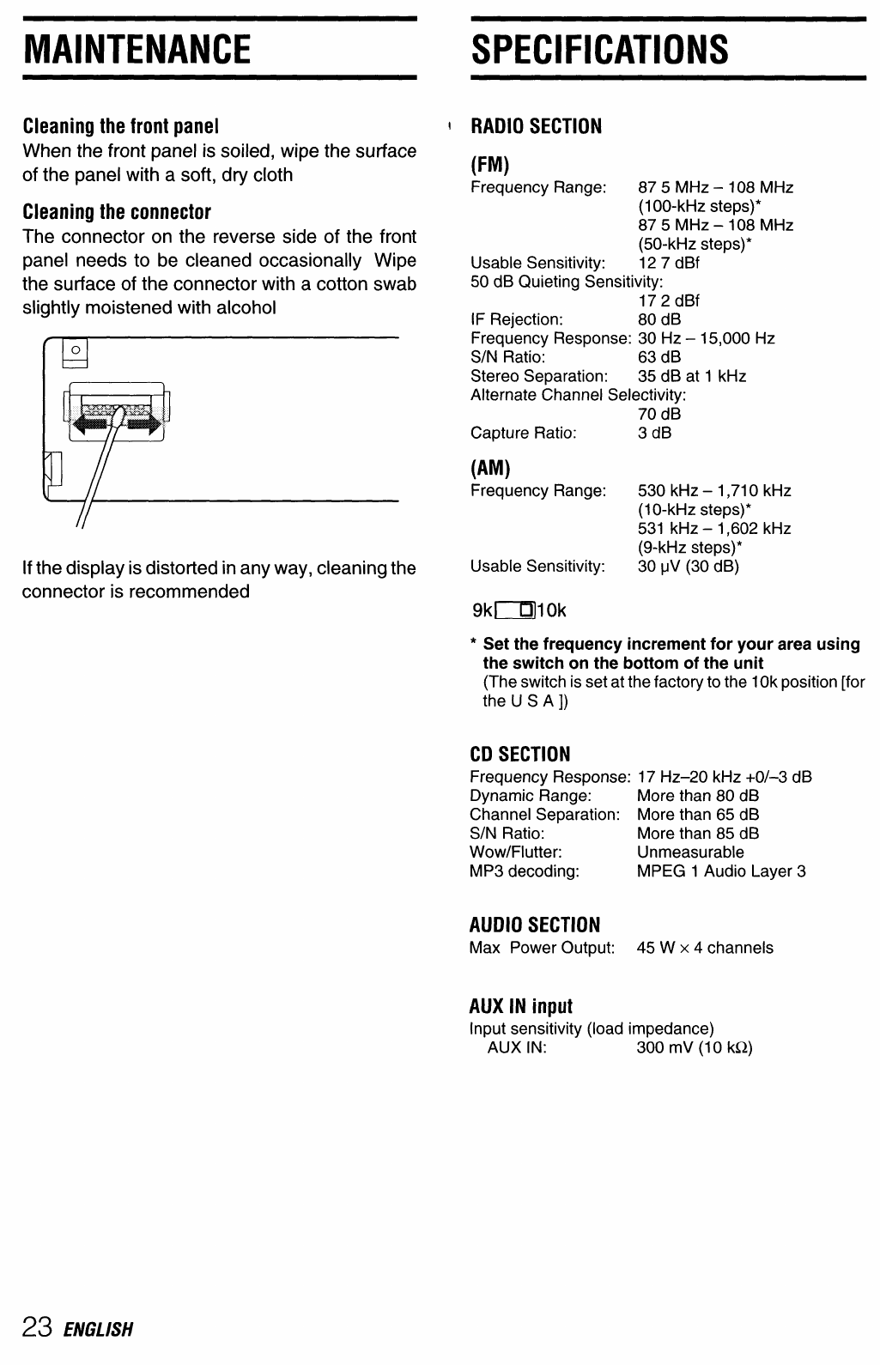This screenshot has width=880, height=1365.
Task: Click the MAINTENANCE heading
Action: click(x=137, y=49)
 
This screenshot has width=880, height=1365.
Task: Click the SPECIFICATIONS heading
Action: click(x=599, y=49)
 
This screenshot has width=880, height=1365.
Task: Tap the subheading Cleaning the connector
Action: click(x=117, y=212)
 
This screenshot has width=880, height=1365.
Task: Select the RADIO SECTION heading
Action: click(x=537, y=126)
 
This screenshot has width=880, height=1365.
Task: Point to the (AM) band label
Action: click(x=490, y=468)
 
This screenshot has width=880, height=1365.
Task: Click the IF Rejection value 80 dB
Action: click(x=659, y=319)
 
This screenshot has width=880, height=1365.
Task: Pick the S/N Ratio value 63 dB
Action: click(x=659, y=357)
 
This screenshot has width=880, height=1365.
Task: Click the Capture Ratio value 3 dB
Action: click(x=654, y=433)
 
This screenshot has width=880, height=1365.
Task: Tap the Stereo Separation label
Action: click(x=538, y=376)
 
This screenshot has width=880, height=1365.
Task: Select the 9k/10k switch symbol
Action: click(x=519, y=611)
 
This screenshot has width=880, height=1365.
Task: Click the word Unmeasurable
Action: click(x=690, y=852)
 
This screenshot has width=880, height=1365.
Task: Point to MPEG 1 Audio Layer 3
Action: click(x=721, y=871)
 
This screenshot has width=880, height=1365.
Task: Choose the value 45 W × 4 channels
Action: click(x=705, y=948)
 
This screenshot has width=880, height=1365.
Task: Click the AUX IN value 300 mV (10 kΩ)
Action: click(x=695, y=1047)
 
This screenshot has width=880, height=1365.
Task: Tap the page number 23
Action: click(x=38, y=1327)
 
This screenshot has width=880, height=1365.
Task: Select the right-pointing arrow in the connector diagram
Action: click(x=145, y=422)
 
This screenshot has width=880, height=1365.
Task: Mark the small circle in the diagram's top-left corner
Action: click(x=76, y=350)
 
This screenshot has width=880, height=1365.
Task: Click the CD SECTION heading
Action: click(x=519, y=755)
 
